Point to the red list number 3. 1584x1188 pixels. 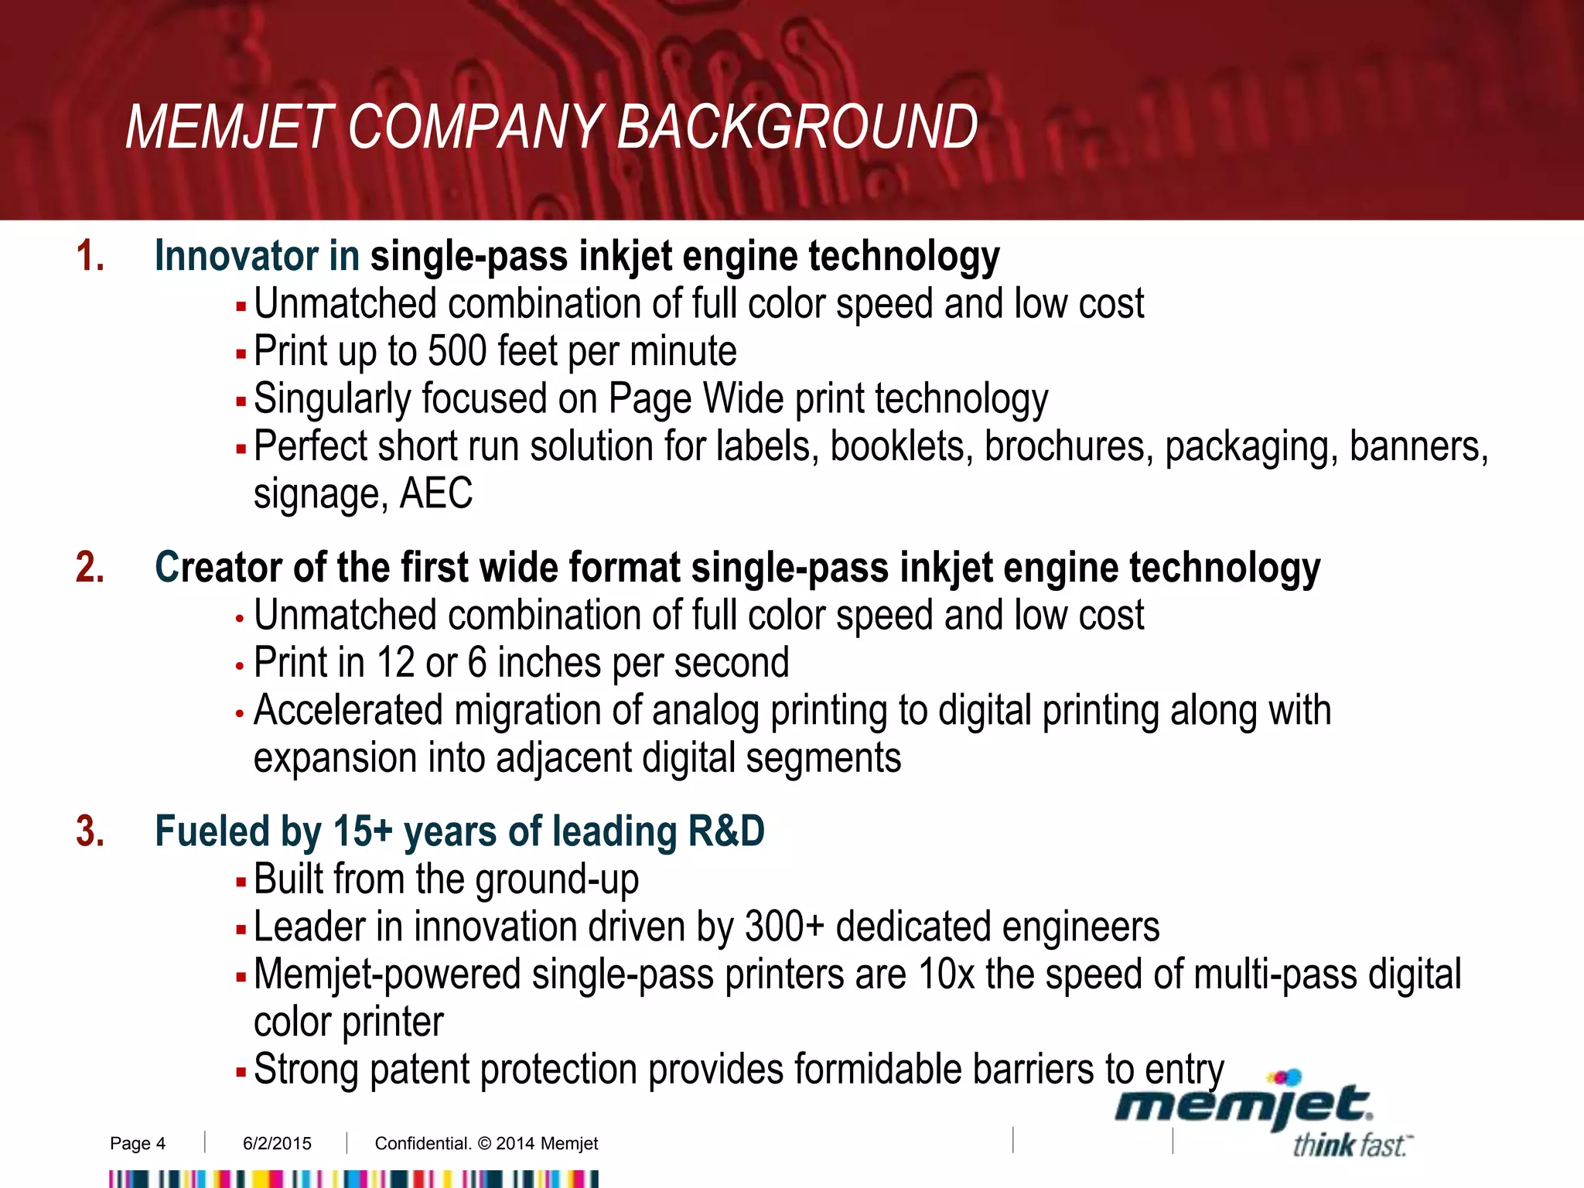89,831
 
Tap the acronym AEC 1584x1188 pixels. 435,493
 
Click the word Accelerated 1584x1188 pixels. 348,710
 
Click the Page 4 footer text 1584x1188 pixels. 138,1143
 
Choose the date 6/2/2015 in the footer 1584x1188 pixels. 277,1143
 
